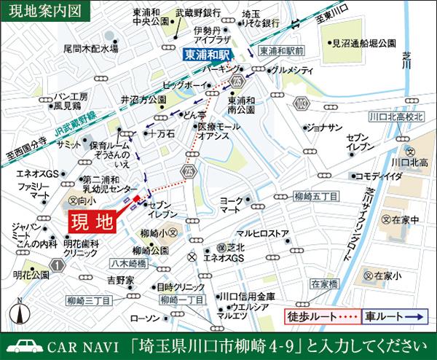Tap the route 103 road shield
[x=301, y=106]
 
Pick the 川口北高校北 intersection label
[x=396, y=116]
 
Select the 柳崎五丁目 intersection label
[x=296, y=195]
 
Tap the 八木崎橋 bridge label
[x=127, y=265]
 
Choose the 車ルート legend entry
[x=393, y=318]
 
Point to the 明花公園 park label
[x=30, y=275]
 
